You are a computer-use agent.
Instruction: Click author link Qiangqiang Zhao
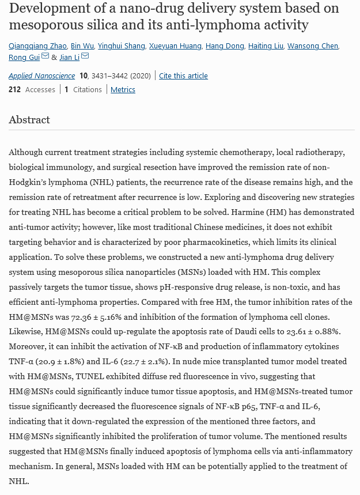(x=37, y=46)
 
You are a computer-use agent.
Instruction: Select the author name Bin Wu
(x=82, y=46)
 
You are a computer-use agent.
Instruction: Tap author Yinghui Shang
(x=121, y=46)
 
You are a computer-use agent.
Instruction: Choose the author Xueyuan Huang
(x=176, y=46)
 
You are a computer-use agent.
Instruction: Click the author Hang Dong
(x=225, y=46)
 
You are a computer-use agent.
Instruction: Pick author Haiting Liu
(x=266, y=46)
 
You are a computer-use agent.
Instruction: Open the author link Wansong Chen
(x=313, y=46)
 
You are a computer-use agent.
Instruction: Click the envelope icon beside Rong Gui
(x=45, y=56)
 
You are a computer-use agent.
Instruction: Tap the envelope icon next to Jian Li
(x=85, y=56)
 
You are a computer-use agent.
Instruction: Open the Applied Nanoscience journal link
(x=41, y=76)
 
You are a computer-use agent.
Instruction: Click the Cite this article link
(x=183, y=76)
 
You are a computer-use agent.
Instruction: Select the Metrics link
(x=123, y=90)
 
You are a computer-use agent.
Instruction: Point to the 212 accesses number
(x=14, y=90)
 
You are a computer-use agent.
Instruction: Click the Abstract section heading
(x=29, y=120)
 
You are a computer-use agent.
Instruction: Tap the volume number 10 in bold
(x=84, y=76)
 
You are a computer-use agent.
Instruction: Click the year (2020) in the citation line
(x=141, y=76)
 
